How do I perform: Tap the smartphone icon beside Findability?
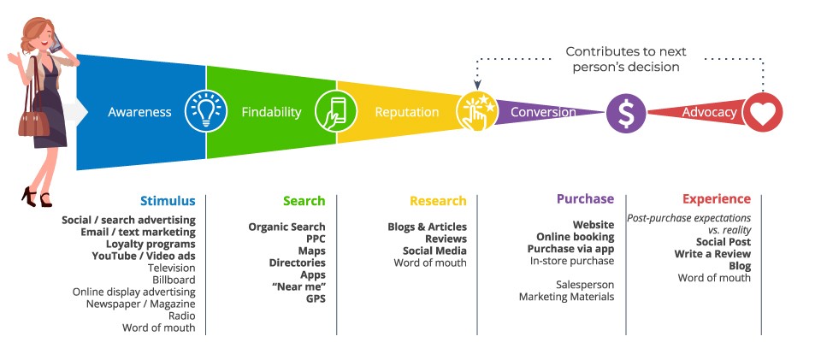tap(335, 112)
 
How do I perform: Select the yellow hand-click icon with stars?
tap(475, 112)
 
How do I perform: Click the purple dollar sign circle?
tap(626, 112)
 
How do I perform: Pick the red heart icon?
tap(762, 112)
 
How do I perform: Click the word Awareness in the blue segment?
tap(139, 112)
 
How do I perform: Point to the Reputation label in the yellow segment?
tap(406, 112)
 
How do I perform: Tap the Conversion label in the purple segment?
tap(542, 112)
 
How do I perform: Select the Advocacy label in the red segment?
tap(709, 112)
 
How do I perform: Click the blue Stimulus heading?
tap(168, 200)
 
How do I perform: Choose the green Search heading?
tap(304, 201)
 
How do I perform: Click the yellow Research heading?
tap(438, 201)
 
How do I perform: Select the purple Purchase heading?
tap(585, 199)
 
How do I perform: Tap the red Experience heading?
tap(716, 199)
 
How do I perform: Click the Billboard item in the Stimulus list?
tap(174, 280)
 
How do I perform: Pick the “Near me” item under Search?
tap(298, 286)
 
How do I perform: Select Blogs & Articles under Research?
tap(427, 227)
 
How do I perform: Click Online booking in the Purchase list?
tap(575, 237)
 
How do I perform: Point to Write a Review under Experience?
tap(711, 254)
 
